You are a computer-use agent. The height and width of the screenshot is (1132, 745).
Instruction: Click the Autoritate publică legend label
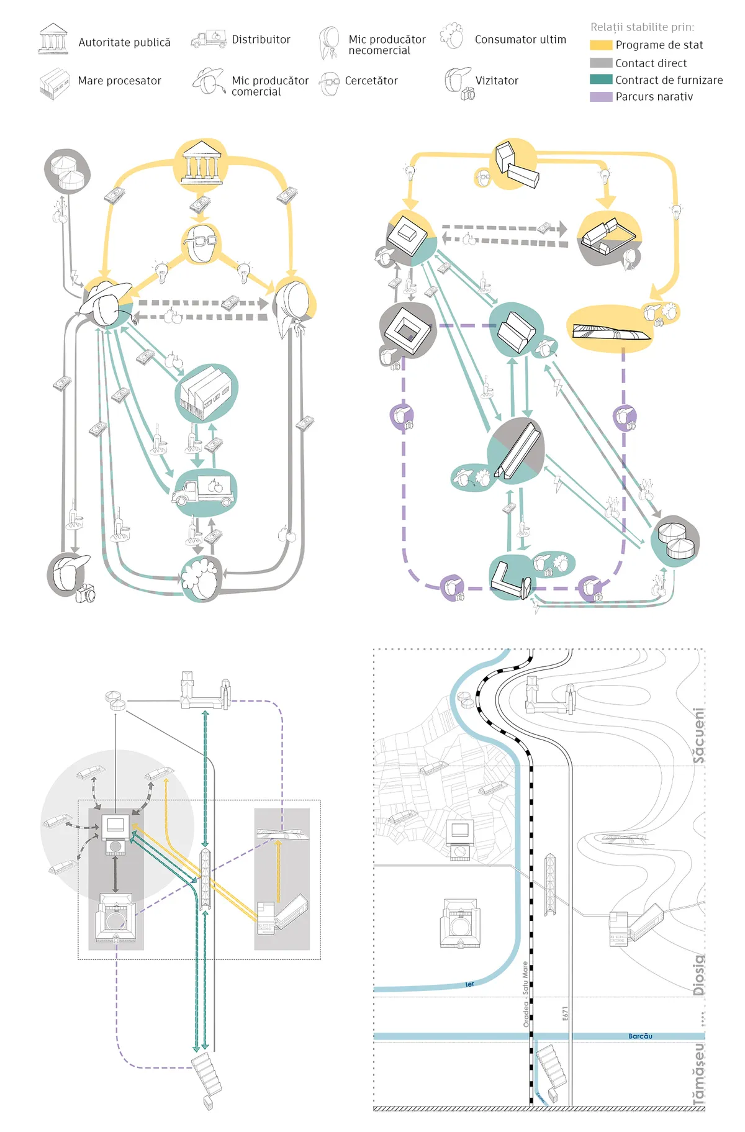(124, 42)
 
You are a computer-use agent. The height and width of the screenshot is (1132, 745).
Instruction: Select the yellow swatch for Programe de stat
(601, 45)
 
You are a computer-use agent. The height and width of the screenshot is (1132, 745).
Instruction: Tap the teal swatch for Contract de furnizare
(601, 79)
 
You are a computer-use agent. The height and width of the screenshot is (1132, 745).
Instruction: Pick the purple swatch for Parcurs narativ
(601, 97)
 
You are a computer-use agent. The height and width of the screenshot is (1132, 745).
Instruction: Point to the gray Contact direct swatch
(601, 63)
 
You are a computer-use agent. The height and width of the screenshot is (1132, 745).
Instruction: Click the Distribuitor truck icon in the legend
(208, 39)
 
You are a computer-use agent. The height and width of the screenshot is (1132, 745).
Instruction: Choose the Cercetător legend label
(371, 81)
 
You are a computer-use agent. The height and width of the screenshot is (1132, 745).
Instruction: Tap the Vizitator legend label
(497, 81)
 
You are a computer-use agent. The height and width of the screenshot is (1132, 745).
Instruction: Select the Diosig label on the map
(699, 975)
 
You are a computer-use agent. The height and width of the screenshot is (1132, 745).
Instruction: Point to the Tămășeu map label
(699, 1074)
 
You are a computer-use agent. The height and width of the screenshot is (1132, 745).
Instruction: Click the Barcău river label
(640, 1036)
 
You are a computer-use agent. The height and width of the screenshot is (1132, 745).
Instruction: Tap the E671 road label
(565, 1013)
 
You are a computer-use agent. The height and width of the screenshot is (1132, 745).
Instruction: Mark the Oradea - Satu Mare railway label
(525, 994)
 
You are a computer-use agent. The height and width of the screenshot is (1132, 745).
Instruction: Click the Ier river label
(469, 984)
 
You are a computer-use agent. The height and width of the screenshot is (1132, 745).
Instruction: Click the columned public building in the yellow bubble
(201, 162)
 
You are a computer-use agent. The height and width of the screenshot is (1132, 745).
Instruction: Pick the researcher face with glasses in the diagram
(202, 244)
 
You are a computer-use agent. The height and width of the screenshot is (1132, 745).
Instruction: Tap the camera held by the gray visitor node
(86, 594)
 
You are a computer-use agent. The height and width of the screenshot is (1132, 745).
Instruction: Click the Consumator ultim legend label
(520, 39)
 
